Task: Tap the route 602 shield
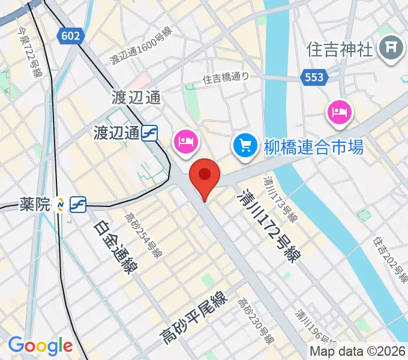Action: (71, 36)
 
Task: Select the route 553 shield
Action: (313, 77)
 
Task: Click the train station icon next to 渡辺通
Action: (150, 133)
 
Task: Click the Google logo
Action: (40, 346)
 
